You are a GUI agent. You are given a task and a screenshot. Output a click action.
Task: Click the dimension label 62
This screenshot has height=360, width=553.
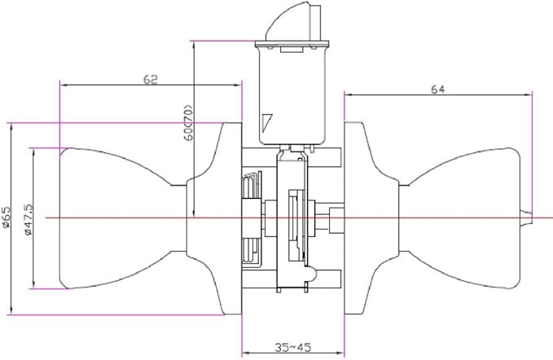tap(150, 80)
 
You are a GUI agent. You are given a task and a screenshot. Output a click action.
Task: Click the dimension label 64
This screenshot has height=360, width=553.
tap(437, 90)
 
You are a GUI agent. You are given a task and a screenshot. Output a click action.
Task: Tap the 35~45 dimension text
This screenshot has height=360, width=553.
tap(292, 347)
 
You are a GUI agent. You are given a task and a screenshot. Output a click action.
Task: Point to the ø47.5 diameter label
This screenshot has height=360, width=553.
tap(29, 219)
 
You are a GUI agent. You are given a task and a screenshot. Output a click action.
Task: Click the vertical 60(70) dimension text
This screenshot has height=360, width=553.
tap(189, 123)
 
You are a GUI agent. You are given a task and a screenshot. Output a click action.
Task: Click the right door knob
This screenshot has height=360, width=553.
tap(459, 218)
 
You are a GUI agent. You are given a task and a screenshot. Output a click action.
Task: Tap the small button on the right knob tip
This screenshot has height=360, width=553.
tap(526, 217)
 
